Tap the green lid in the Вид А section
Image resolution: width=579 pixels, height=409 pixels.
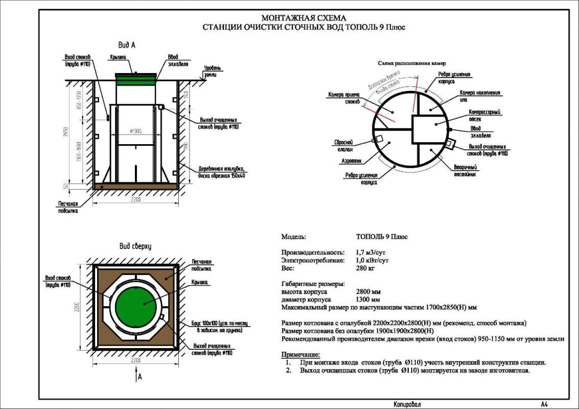(136, 79)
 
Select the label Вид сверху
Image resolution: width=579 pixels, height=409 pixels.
(135, 246)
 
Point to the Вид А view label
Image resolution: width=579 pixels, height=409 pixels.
(126, 45)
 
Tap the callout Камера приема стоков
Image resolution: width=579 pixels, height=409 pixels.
(341, 98)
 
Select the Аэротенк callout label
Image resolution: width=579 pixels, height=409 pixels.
(352, 160)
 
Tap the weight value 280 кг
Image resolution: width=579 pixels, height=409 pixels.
(364, 268)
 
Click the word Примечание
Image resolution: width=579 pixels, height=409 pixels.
(301, 354)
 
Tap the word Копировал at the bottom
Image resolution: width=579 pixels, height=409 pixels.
(407, 404)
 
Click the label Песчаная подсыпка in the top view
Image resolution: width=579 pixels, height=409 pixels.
(201, 264)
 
